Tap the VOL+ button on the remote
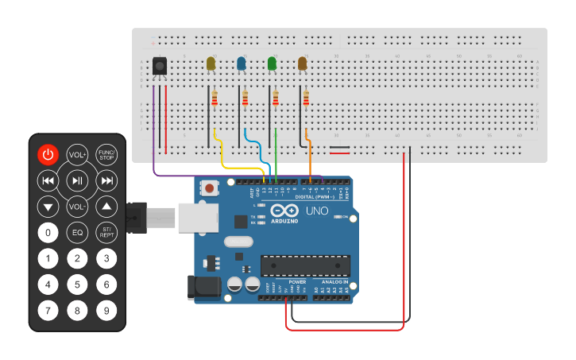[77, 155]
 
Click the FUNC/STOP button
[106, 155]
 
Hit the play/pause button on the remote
[77, 181]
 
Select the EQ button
[77, 233]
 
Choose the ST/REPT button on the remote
[106, 233]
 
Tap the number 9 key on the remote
[106, 310]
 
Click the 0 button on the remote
[48, 233]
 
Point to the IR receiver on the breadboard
[160, 67]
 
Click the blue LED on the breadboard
[242, 64]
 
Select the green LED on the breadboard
[273, 64]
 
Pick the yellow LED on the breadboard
[211, 64]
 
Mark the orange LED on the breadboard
[303, 64]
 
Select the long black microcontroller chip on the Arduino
[306, 266]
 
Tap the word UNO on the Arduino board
[317, 211]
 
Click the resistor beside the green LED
[276, 98]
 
